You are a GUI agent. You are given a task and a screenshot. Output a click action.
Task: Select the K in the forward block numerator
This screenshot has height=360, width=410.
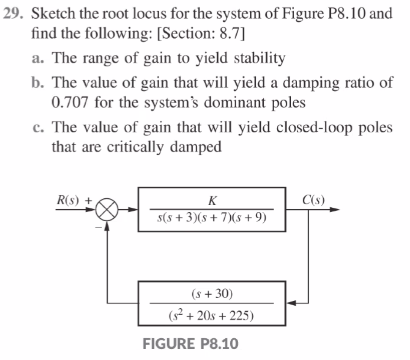(x=212, y=201)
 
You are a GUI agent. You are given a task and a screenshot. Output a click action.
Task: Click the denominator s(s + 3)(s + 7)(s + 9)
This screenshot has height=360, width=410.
(x=212, y=217)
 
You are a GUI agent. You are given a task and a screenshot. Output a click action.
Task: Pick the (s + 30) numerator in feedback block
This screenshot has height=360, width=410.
(x=212, y=294)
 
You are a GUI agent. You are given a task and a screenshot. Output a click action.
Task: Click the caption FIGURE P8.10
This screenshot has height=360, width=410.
(x=191, y=344)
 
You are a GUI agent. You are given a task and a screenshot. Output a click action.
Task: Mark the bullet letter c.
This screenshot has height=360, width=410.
(x=37, y=127)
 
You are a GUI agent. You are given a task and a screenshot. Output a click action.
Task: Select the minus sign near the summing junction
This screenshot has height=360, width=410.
(x=98, y=227)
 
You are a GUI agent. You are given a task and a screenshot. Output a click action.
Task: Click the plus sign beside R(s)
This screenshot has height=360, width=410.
(x=88, y=201)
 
